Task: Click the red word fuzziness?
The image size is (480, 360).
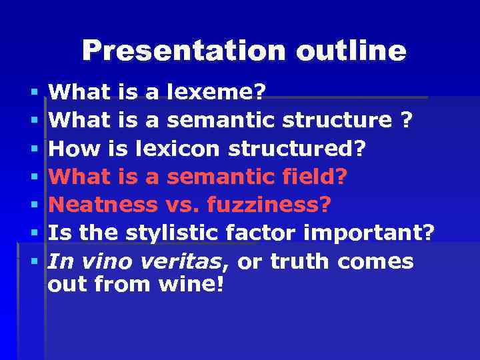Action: click(269, 205)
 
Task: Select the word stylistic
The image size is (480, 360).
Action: click(172, 233)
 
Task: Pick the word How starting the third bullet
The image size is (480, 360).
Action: click(71, 149)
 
